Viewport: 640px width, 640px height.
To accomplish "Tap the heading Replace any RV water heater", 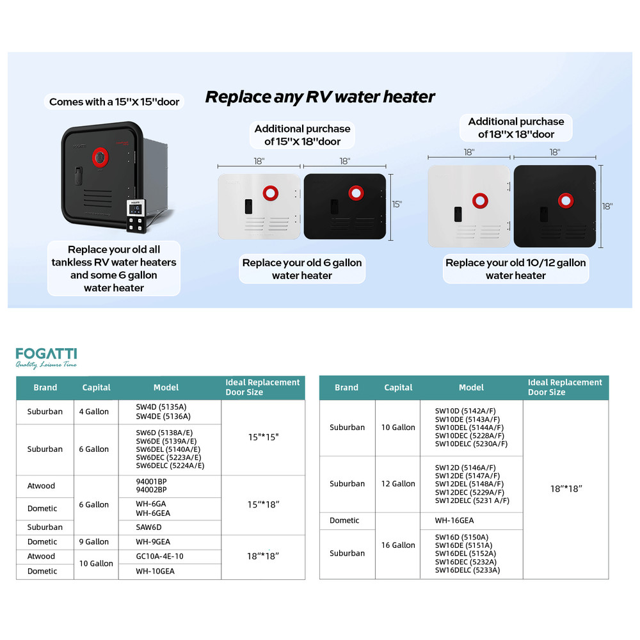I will click(x=319, y=97).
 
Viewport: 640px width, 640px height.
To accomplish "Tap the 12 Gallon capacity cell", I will click(x=398, y=484).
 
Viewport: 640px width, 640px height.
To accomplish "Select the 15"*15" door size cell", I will click(x=263, y=437).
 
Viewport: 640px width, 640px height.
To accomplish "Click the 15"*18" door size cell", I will click(x=263, y=504).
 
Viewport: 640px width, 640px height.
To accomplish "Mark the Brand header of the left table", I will click(x=45, y=387).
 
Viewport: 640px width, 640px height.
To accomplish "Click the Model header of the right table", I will click(x=471, y=387).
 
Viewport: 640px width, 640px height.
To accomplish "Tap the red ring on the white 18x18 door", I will click(x=480, y=200).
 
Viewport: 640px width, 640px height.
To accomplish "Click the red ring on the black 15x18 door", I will click(x=356, y=193).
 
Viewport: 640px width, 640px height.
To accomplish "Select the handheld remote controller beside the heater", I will click(x=134, y=214).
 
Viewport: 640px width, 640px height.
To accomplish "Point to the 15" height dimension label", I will click(x=397, y=204).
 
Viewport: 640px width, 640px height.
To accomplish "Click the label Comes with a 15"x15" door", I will click(x=114, y=102).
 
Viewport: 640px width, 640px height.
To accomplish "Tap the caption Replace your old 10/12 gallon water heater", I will click(x=515, y=269).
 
